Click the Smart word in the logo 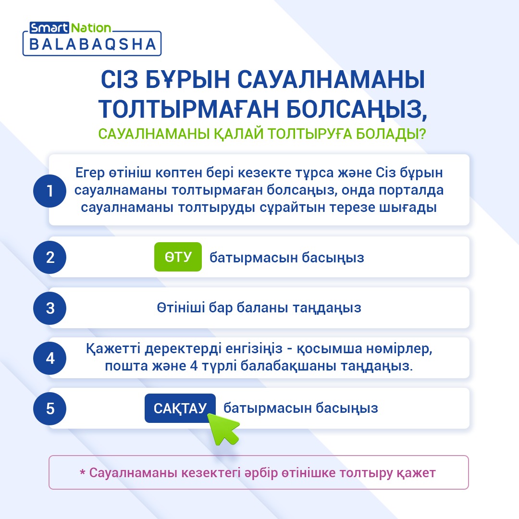[x=49, y=28]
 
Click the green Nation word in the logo [x=91, y=28]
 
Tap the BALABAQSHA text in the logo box [x=93, y=44]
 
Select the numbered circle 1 [x=49, y=191]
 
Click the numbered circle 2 [x=49, y=257]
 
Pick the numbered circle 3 [x=49, y=308]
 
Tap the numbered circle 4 [x=49, y=358]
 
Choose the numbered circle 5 [x=49, y=408]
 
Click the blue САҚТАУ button [x=180, y=408]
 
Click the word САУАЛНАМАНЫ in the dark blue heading [x=331, y=80]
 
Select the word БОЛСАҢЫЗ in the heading [x=357, y=109]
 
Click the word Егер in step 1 [x=90, y=173]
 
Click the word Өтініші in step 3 [x=181, y=308]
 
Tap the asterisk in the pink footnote [x=83, y=472]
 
